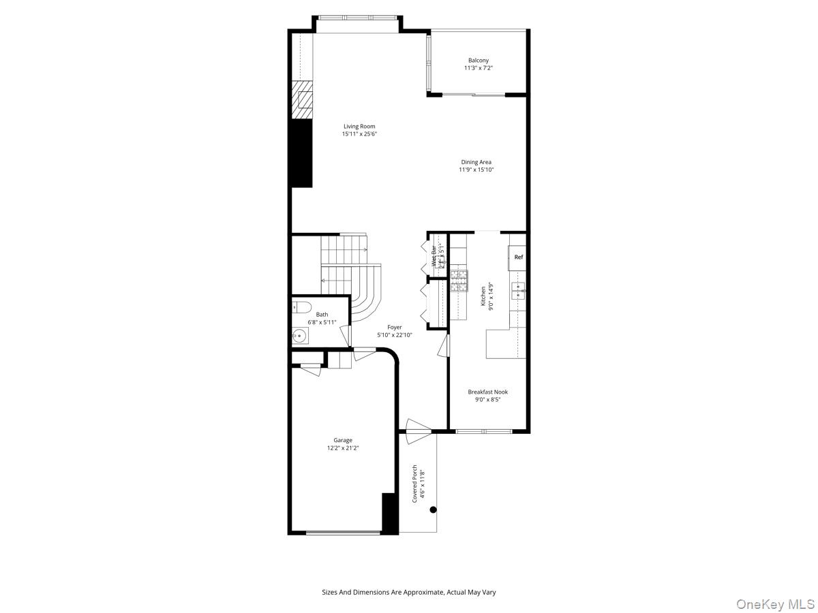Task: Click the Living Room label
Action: tap(359, 126)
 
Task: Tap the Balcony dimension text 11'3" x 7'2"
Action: tap(478, 68)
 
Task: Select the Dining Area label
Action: tap(476, 162)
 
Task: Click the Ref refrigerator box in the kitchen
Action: tap(518, 257)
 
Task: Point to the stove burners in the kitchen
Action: tap(459, 281)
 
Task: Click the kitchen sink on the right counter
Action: tap(519, 291)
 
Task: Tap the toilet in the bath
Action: tap(301, 306)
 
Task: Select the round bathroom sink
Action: tap(299, 335)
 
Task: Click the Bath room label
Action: tap(321, 314)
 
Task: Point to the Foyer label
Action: tap(395, 327)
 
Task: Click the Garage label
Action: tap(343, 440)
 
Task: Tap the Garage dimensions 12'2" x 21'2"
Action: tap(343, 448)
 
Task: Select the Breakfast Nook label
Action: tap(487, 392)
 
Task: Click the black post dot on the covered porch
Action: tap(433, 509)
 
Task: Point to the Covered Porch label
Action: tap(414, 484)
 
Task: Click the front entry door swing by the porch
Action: tap(417, 427)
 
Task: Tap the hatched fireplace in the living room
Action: tap(302, 100)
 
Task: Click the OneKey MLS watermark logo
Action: tap(773, 603)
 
